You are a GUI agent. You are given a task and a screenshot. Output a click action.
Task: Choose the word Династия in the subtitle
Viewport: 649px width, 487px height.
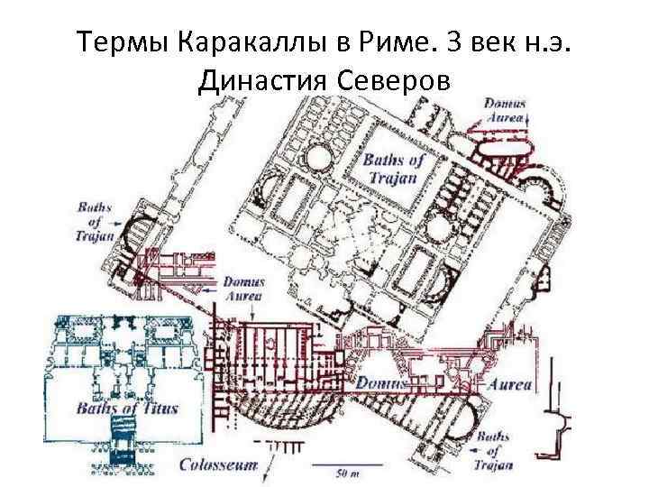click(x=261, y=81)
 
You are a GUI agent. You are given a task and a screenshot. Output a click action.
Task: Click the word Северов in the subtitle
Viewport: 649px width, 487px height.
click(x=394, y=81)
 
